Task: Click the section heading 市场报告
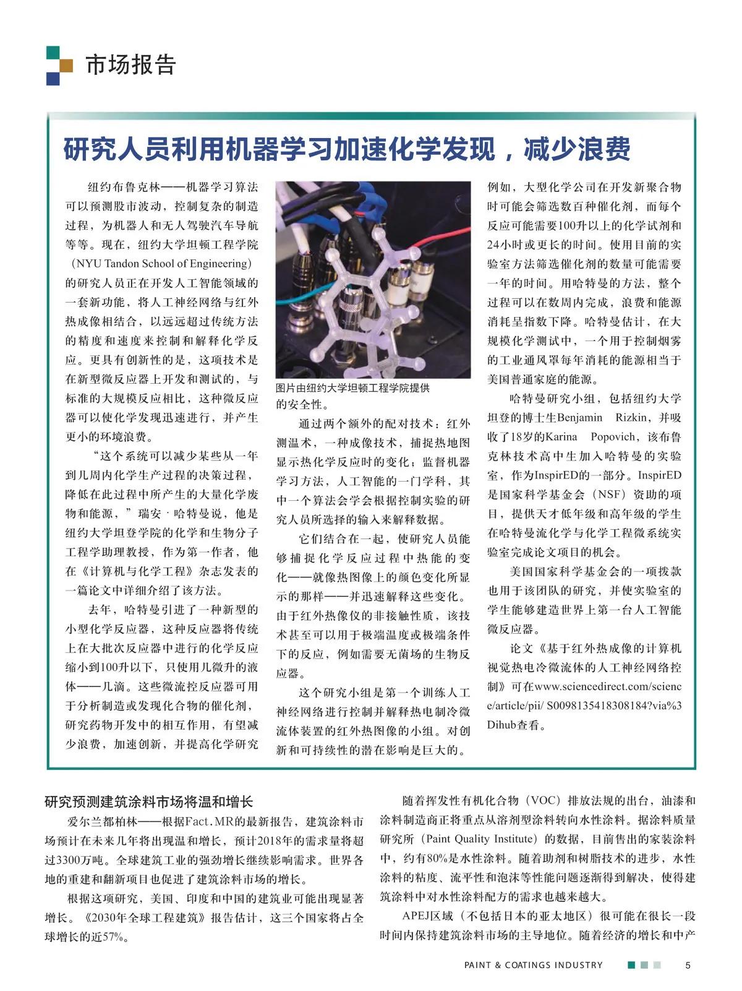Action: (130, 64)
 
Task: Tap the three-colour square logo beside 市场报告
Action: (59, 65)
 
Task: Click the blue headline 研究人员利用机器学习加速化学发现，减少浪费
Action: (347, 149)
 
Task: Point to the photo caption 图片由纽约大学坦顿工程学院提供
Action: (352, 388)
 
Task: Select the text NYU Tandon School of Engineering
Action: (163, 264)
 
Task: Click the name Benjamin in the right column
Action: (579, 418)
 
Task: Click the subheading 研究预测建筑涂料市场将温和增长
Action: (148, 802)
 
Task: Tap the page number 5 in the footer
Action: (688, 965)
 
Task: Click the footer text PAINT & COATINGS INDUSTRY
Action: (533, 965)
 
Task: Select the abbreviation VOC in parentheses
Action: (545, 801)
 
